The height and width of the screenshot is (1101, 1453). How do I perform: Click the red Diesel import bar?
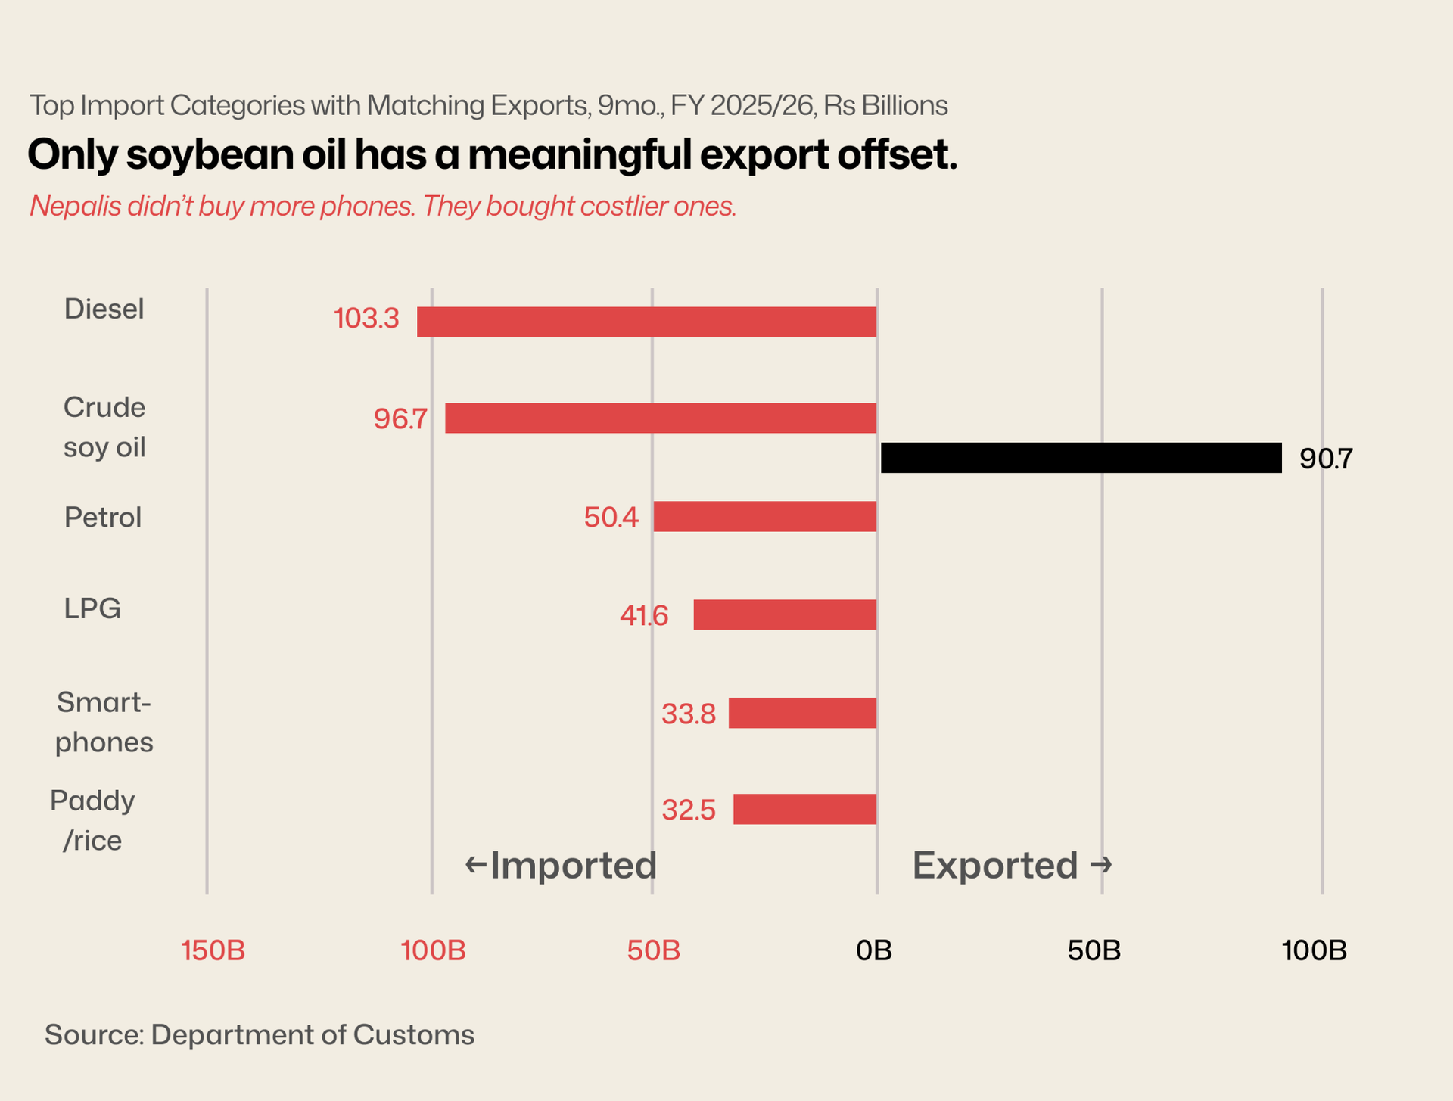click(x=646, y=322)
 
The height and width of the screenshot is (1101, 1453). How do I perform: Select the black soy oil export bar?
click(x=1081, y=458)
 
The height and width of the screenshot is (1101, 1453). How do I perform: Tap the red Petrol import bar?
click(x=764, y=516)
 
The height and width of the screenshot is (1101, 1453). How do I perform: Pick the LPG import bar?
click(x=785, y=614)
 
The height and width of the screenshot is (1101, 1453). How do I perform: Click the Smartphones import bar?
click(x=802, y=713)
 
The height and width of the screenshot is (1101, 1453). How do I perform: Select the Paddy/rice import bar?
click(x=804, y=809)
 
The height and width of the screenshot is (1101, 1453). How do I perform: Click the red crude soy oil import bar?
click(x=660, y=418)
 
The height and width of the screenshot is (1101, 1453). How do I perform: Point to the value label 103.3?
click(x=366, y=319)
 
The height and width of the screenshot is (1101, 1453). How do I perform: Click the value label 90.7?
click(x=1325, y=459)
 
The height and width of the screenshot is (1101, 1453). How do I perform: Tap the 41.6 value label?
click(x=644, y=615)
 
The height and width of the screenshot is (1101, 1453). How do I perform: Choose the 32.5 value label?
click(x=688, y=810)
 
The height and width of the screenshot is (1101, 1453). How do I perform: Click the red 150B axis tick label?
click(x=213, y=950)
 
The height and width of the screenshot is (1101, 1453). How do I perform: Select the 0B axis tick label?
click(x=874, y=950)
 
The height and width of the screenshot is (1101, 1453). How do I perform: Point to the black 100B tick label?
click(x=1314, y=950)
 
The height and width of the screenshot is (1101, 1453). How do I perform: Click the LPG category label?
click(x=92, y=608)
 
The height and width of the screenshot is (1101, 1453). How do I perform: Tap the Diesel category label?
click(x=104, y=309)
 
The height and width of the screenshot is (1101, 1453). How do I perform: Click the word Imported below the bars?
click(x=573, y=865)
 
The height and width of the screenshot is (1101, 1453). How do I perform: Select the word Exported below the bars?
click(x=995, y=865)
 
